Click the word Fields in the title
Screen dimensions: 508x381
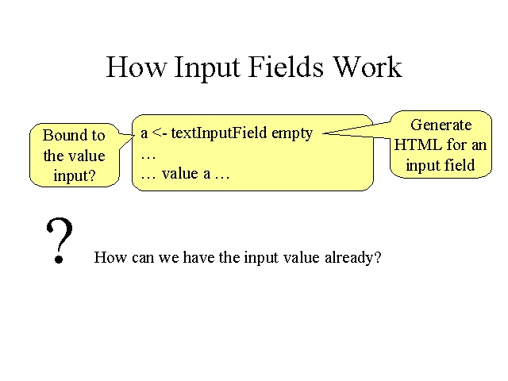(x=286, y=67)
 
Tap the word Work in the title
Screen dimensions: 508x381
(x=368, y=67)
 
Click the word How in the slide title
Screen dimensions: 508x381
(x=136, y=67)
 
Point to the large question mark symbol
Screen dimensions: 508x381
(x=60, y=240)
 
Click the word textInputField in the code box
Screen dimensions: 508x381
(x=219, y=133)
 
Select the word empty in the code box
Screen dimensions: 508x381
(x=292, y=134)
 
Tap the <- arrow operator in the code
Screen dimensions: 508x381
(x=159, y=133)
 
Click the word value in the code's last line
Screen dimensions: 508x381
(x=180, y=173)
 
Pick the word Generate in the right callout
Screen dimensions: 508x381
(x=441, y=125)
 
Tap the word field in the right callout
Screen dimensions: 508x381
(x=460, y=164)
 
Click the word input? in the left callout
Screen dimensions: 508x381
(x=75, y=176)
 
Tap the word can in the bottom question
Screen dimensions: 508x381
(x=143, y=259)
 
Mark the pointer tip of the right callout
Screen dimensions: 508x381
(x=323, y=133)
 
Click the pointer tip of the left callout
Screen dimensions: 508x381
(x=134, y=135)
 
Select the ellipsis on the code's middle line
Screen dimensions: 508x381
(x=148, y=158)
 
